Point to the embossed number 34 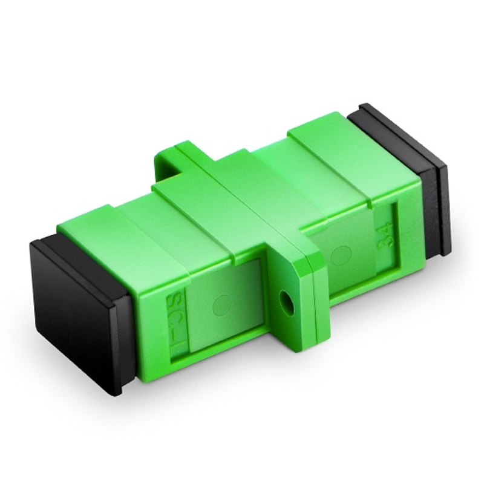point(385,233)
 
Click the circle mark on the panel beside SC point(222,301)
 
